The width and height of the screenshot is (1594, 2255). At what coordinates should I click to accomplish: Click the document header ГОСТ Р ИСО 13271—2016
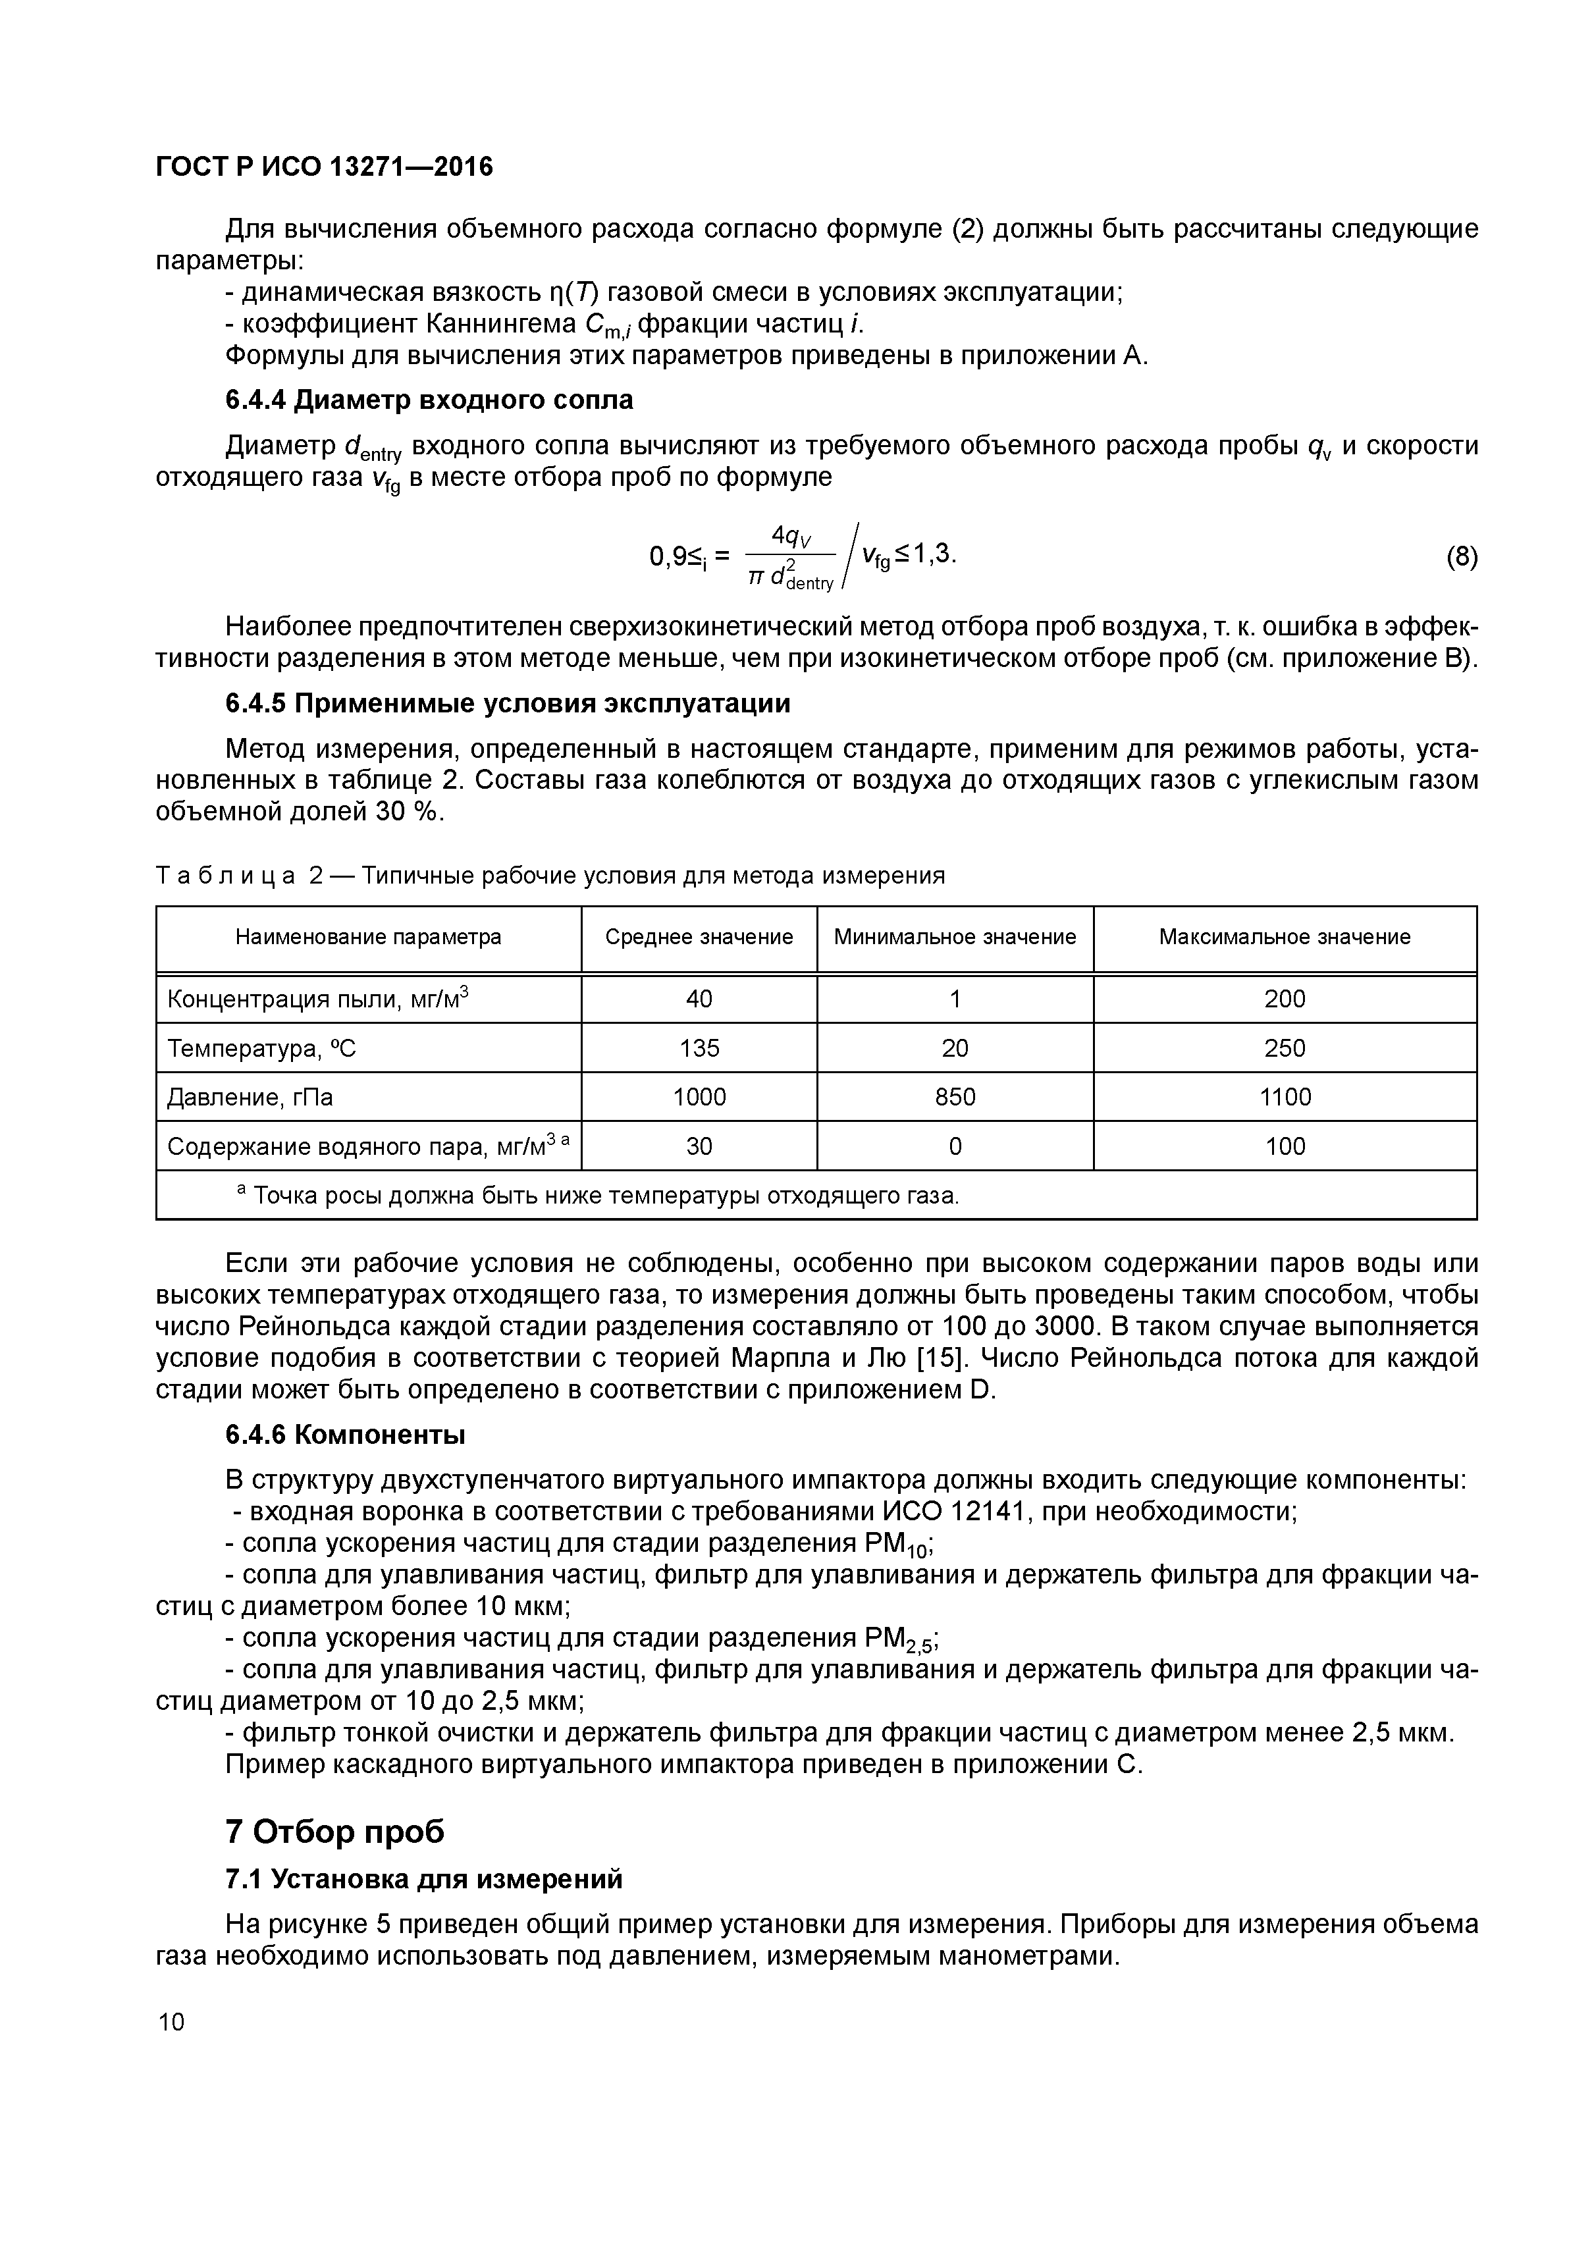coord(324,167)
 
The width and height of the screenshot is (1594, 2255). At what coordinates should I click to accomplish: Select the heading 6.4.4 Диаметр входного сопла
coord(429,400)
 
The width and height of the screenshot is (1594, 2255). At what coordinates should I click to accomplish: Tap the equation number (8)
coord(1460,557)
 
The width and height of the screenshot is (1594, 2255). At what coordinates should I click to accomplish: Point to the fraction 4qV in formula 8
coord(791,536)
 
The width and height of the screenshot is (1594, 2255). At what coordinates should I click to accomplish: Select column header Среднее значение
coord(699,937)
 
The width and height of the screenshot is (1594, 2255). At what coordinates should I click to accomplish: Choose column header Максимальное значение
coord(1284,937)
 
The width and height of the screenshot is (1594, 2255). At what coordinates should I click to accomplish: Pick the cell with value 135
coord(699,1048)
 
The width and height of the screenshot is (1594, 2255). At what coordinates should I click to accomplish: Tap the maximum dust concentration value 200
coord(1284,999)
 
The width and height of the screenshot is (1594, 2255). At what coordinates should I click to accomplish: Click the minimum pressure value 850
coord(955,1097)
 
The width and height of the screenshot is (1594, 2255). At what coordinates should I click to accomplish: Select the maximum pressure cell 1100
coord(1284,1097)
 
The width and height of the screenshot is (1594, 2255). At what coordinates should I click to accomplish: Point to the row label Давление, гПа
coord(250,1097)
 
